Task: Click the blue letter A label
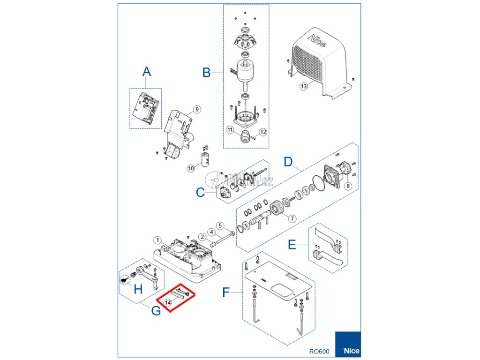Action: click(x=147, y=72)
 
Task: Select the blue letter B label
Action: click(x=206, y=73)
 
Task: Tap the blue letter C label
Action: click(x=201, y=193)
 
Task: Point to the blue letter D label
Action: click(x=289, y=162)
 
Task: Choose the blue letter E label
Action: click(x=291, y=245)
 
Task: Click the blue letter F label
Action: click(x=226, y=293)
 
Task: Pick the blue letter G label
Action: click(x=156, y=310)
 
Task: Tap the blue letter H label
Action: click(x=138, y=289)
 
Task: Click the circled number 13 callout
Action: click(x=303, y=86)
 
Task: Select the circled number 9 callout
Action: click(x=196, y=109)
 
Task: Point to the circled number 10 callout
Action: click(x=191, y=168)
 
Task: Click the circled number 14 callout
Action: click(x=168, y=303)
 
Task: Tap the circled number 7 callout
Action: click(x=292, y=219)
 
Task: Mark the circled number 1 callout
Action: click(x=158, y=240)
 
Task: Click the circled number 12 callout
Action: click(x=263, y=132)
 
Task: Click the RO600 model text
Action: click(x=319, y=351)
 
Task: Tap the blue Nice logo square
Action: click(x=348, y=345)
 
